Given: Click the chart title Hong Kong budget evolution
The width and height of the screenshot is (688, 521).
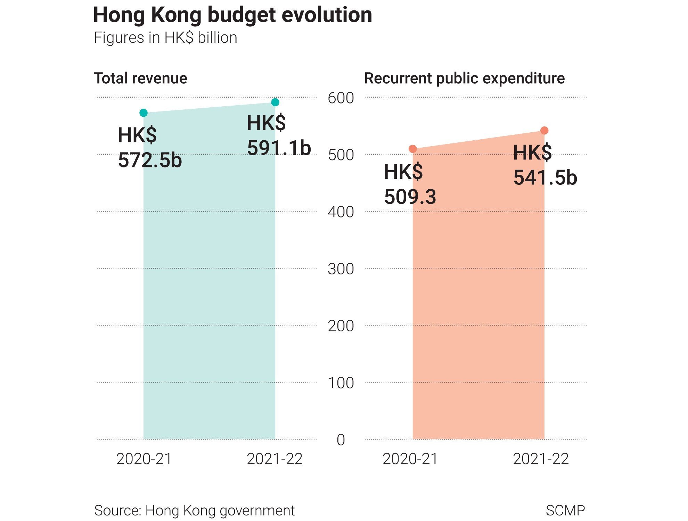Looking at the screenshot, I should click(232, 15).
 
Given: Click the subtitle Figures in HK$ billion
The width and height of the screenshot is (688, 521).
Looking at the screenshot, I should click(165, 38).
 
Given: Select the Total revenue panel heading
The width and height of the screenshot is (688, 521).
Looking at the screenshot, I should click(140, 78).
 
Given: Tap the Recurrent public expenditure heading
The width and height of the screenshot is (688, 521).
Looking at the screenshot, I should click(464, 78).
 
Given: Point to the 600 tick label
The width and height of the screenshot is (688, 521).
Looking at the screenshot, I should click(341, 98).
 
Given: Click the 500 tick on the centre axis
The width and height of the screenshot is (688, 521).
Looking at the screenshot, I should click(341, 155).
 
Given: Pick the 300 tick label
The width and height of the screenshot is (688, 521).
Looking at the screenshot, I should click(341, 269).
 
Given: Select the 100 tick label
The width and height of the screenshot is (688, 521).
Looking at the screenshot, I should click(341, 383).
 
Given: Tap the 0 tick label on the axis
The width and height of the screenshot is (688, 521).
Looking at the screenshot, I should click(341, 440).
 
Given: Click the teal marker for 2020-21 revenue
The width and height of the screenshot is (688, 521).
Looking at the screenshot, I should click(144, 113).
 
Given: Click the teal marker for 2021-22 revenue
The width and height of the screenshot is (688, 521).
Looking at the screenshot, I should click(275, 102).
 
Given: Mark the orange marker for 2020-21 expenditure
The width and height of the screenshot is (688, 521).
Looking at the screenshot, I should click(413, 149).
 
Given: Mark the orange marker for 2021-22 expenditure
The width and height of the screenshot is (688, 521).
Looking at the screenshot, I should click(544, 131).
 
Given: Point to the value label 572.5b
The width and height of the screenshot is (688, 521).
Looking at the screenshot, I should click(150, 160).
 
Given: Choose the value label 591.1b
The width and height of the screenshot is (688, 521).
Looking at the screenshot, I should click(279, 148).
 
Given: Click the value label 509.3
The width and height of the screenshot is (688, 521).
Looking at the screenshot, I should click(410, 197).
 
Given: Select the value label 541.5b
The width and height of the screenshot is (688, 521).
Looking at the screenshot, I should click(545, 177).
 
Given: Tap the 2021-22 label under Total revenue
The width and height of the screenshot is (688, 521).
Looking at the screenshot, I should click(275, 459).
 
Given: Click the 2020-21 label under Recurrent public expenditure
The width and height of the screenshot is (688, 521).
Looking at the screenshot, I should click(410, 459).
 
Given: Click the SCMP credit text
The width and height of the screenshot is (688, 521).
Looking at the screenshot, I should click(565, 510).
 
